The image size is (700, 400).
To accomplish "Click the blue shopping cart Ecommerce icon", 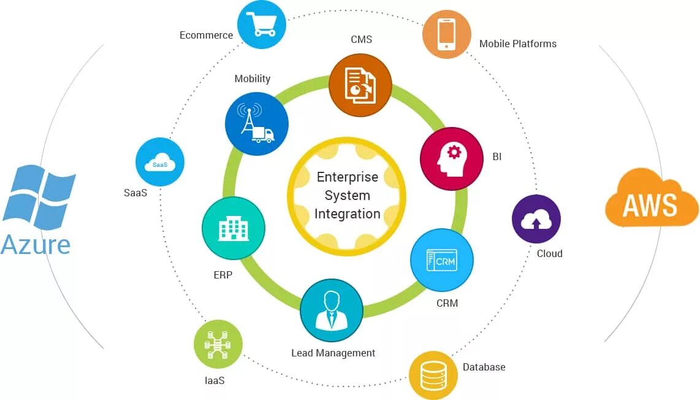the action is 262,25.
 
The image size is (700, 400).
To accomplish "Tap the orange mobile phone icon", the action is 447,34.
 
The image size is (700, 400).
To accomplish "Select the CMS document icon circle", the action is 360,85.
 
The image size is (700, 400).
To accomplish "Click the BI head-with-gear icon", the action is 451,159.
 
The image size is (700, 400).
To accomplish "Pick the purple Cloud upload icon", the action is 536,219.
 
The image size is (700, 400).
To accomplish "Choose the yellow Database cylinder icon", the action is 433,375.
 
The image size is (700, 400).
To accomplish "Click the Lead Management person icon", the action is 332,310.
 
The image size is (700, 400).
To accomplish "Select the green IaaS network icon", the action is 218,344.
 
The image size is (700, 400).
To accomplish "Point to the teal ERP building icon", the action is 234,228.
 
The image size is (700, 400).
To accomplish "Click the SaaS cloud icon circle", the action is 160,162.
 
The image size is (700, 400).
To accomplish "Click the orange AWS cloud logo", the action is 652,198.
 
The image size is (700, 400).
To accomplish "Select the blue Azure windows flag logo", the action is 39,196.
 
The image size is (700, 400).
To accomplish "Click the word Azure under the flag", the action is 36,244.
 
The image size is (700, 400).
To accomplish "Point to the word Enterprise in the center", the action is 348,177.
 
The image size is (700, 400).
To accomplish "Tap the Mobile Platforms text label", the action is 518,44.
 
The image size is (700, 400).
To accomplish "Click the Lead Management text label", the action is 333,353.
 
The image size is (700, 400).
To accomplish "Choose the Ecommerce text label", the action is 206,35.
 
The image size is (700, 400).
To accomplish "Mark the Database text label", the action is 484,367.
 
